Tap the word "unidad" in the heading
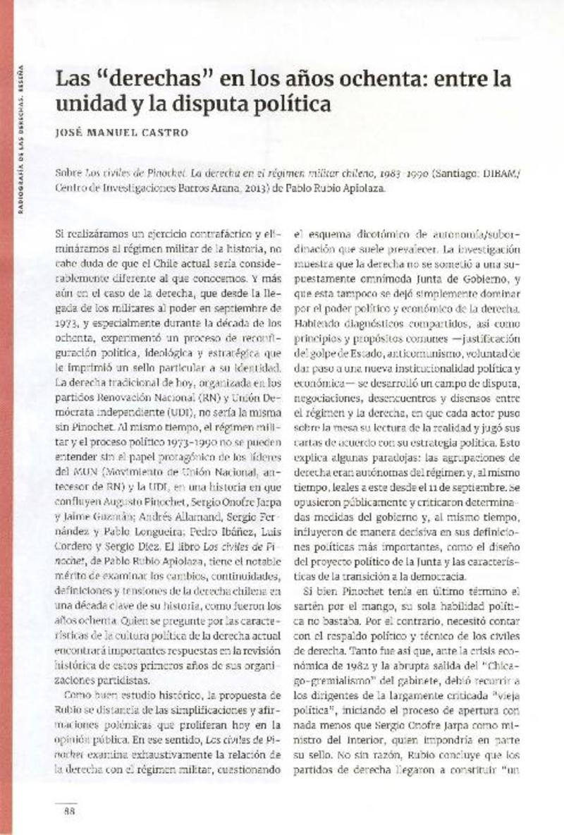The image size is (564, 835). click(83, 104)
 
